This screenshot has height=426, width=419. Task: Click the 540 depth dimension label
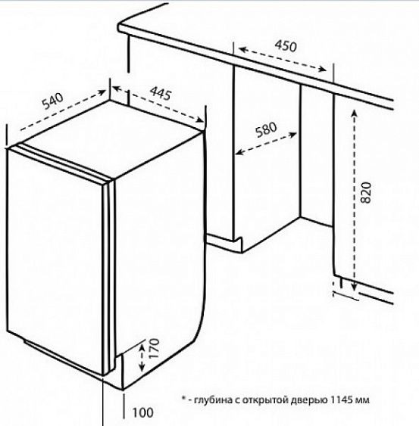click(53, 101)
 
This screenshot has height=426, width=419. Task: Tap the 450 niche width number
click(286, 45)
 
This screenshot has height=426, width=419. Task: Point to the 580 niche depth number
click(266, 129)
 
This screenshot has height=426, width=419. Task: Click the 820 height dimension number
click(366, 192)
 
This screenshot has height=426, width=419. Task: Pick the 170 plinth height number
click(155, 348)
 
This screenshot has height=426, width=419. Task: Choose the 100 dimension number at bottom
click(143, 412)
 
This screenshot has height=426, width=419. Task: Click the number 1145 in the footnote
click(342, 400)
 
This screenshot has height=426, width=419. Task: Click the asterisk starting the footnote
click(183, 399)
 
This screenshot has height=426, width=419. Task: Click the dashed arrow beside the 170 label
click(142, 357)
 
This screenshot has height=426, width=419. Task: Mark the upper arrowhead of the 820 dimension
click(355, 113)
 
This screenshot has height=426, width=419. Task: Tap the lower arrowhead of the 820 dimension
click(354, 287)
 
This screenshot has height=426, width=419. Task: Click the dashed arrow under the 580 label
click(266, 144)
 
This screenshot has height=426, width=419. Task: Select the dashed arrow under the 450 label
click(282, 59)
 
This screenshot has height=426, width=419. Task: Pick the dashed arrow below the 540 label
click(63, 110)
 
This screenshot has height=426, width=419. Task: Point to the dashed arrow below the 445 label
click(158, 104)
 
